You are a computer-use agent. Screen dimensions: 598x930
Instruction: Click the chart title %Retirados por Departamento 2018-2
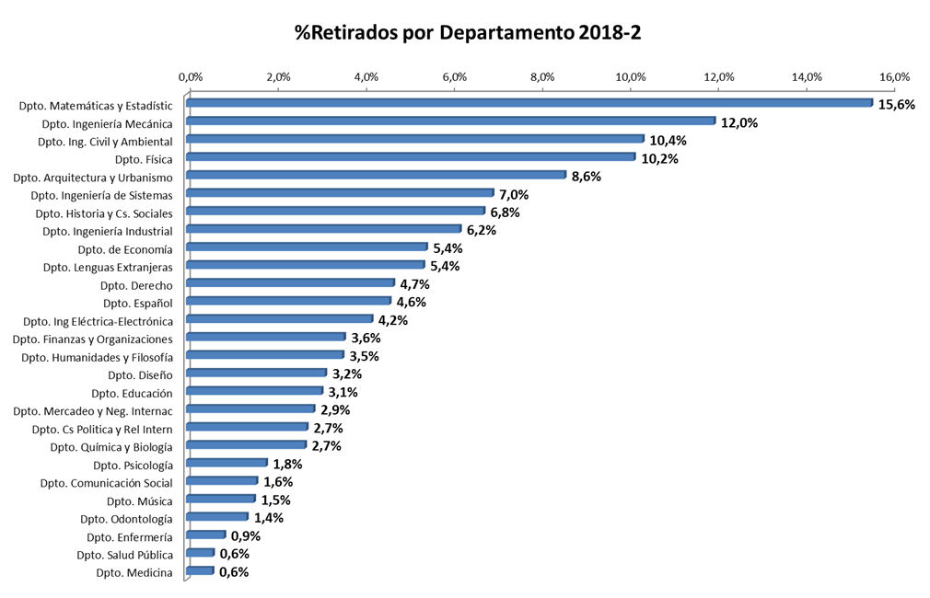467,33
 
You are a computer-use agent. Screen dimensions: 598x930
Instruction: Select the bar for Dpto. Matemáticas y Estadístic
529,103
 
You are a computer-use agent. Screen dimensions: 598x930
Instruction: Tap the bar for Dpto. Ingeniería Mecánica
450,121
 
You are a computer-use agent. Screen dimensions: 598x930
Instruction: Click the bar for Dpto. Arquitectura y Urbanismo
376,175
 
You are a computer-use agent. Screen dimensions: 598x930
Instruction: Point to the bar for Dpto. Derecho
290,283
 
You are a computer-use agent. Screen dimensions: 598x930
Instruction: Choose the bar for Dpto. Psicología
227,463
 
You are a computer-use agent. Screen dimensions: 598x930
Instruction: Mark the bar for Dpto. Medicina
200,571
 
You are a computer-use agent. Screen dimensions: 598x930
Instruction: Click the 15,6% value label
897,104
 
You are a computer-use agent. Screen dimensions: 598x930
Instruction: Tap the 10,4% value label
668,141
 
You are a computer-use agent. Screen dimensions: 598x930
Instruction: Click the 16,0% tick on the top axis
894,76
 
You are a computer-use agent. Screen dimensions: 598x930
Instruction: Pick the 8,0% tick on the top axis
542,76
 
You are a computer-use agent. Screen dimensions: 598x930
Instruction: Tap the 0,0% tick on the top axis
190,76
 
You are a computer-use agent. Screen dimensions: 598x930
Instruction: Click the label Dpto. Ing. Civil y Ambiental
105,142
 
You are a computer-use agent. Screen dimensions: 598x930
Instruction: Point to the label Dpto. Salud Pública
124,555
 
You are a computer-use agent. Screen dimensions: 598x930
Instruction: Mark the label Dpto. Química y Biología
111,447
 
